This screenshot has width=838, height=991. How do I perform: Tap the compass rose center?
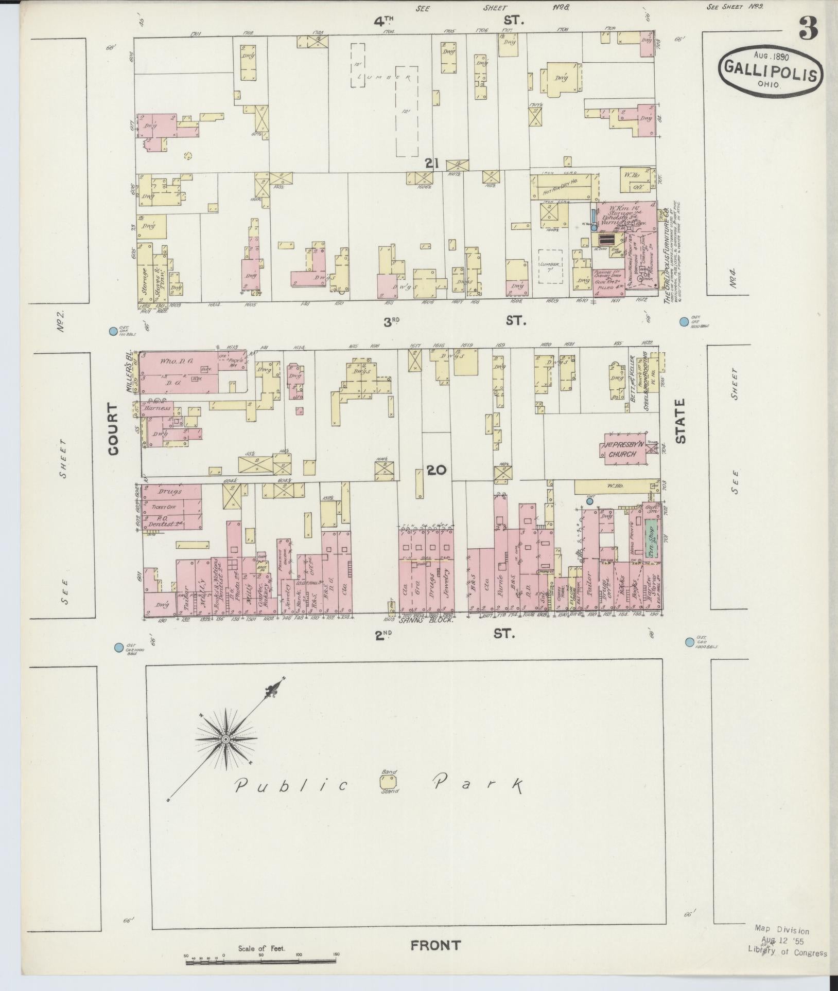pyautogui.click(x=225, y=739)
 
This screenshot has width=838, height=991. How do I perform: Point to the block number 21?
pyautogui.click(x=431, y=164)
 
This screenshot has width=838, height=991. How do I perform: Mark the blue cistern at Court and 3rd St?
pyautogui.click(x=113, y=332)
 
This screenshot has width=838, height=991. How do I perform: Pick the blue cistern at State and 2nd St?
pyautogui.click(x=689, y=642)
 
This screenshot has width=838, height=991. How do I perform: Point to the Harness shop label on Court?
pyautogui.click(x=157, y=408)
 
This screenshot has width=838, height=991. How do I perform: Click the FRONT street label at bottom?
pyautogui.click(x=435, y=945)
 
